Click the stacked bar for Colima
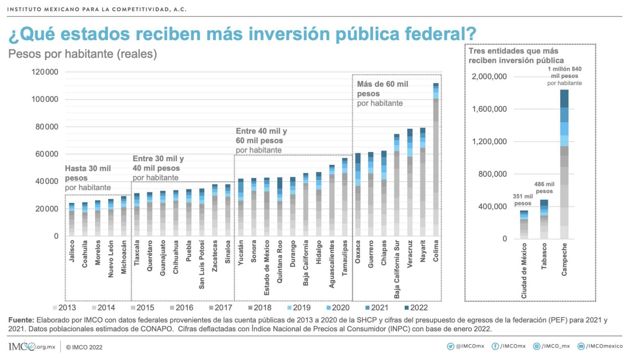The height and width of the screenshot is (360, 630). point(436,160)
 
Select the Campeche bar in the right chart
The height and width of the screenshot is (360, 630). point(564,164)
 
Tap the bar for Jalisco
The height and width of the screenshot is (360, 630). point(72,219)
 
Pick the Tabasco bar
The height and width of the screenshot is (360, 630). point(544,219)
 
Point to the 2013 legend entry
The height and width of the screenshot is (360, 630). point(64,308)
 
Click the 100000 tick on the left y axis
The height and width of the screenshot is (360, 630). point(45,99)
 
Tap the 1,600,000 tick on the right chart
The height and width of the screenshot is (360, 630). point(489,109)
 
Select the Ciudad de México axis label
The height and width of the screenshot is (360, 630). point(524,271)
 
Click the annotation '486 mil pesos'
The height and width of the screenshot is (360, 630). point(544,188)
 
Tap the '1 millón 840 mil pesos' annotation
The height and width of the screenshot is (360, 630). point(564,76)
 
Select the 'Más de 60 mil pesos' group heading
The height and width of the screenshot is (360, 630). point(382,93)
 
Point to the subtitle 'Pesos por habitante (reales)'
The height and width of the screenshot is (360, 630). point(82,54)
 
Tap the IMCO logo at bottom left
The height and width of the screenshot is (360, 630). point(32,346)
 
